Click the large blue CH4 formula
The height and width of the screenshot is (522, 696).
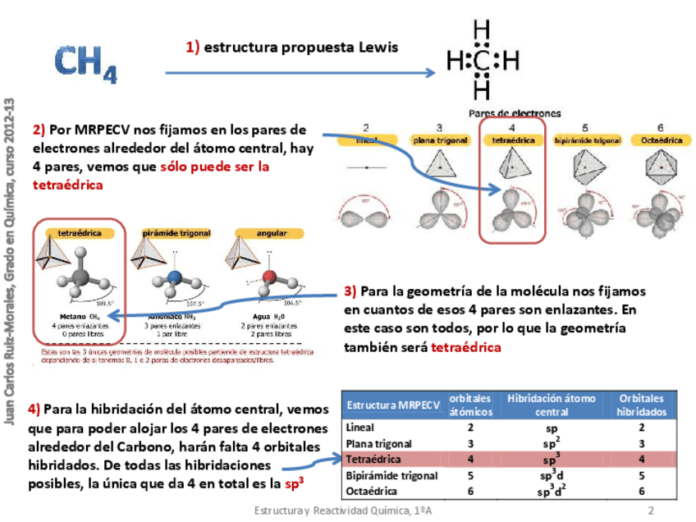point(85,63)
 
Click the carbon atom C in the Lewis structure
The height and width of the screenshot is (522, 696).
point(483,61)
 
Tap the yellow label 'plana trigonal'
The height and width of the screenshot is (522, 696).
point(440,140)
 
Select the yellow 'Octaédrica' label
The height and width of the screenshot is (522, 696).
point(660,140)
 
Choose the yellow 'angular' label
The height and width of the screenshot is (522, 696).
point(266,233)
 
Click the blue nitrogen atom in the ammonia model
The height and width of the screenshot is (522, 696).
point(173,277)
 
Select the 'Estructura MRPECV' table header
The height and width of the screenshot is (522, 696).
point(394,405)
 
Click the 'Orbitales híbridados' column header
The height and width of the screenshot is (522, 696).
point(641,405)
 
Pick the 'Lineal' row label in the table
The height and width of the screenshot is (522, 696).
point(360,427)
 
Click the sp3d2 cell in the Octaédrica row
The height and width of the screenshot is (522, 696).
point(552,492)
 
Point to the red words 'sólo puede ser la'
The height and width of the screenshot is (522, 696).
point(215,167)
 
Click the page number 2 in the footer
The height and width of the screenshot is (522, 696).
point(651,511)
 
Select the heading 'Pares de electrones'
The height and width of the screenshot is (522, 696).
point(515,113)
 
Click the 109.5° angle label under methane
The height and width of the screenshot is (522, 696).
point(104,303)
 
